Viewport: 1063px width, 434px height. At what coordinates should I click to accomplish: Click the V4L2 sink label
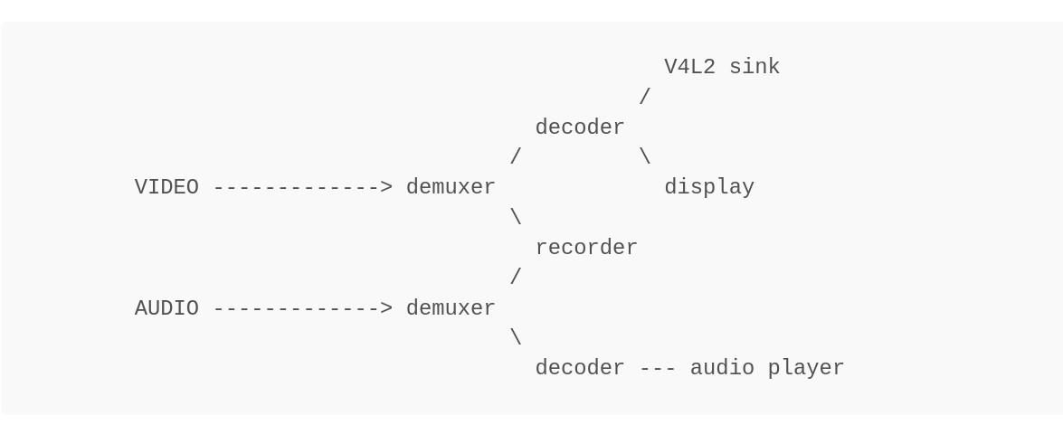click(721, 67)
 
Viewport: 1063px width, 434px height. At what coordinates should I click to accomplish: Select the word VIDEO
click(166, 187)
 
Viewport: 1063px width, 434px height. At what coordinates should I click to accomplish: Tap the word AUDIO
click(166, 308)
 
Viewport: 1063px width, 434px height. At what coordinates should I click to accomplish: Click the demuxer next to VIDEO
click(451, 187)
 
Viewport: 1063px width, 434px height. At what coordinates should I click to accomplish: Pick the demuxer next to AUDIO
click(451, 308)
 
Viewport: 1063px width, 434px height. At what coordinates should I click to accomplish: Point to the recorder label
click(586, 248)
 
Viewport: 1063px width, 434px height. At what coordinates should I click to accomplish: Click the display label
click(708, 187)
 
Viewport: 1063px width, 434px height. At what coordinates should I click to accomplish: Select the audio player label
click(766, 368)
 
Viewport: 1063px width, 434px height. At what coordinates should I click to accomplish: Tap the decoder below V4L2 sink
click(580, 127)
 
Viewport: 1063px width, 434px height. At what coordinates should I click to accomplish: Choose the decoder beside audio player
click(580, 368)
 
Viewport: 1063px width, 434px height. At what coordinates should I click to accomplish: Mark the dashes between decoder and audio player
click(658, 368)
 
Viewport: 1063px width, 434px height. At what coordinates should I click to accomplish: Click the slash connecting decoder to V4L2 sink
click(645, 97)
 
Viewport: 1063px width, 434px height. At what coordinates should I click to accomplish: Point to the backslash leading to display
click(645, 157)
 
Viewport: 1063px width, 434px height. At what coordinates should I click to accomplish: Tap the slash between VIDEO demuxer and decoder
click(516, 157)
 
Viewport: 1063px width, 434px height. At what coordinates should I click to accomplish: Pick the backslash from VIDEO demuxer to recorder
click(516, 218)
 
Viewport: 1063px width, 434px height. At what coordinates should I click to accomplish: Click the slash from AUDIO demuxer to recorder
click(516, 278)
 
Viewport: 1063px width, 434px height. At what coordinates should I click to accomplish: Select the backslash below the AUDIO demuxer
click(516, 338)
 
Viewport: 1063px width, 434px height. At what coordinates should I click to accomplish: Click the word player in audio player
click(805, 368)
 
